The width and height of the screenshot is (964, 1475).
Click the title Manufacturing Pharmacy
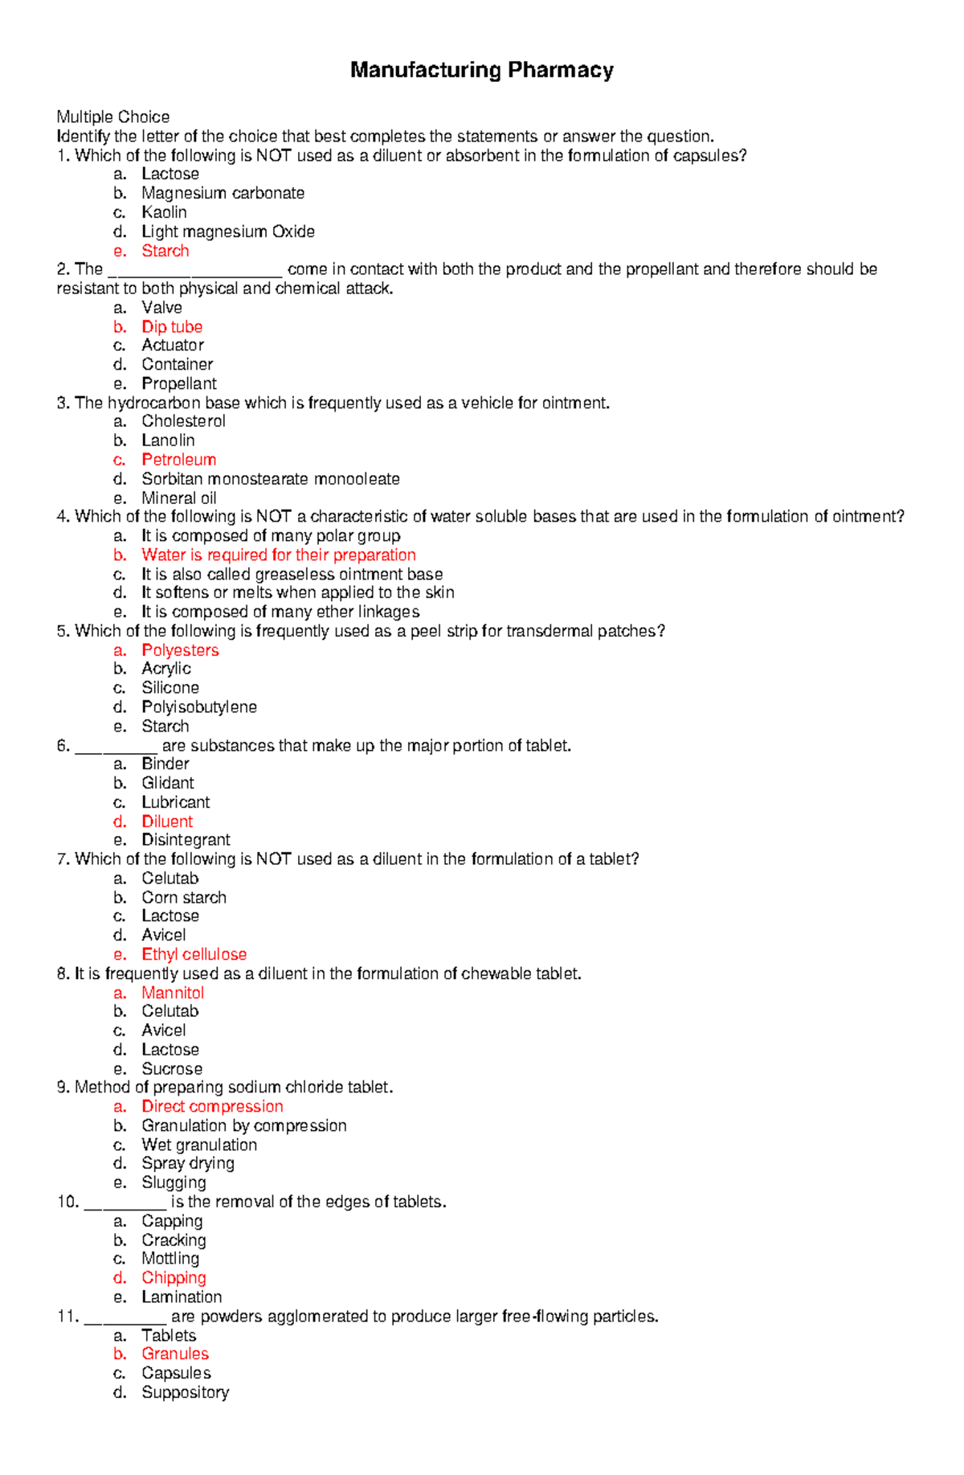point(481,71)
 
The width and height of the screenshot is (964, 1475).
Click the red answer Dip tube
point(171,326)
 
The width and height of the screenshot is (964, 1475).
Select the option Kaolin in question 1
point(164,212)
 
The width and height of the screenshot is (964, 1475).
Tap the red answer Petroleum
point(178,460)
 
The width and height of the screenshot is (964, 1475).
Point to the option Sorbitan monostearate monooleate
point(270,479)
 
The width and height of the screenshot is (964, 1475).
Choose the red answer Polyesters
point(180,650)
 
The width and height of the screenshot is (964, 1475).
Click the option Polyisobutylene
point(198,707)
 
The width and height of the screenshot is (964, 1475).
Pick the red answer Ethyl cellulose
point(194,954)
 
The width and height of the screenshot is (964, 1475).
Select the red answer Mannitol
point(173,993)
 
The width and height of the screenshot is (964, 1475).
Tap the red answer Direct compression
point(212,1107)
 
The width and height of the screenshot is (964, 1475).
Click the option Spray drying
point(188,1163)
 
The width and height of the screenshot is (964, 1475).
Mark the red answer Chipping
point(174,1278)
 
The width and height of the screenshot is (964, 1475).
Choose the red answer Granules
point(174,1354)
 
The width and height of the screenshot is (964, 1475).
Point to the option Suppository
point(185,1392)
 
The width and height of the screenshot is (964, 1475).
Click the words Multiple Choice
point(112,117)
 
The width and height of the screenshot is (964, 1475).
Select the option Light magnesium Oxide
point(227,231)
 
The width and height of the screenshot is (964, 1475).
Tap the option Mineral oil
point(178,498)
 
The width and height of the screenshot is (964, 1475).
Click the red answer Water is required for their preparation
point(278,555)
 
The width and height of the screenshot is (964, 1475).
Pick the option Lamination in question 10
point(182,1297)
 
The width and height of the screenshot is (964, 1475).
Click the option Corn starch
point(183,898)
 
